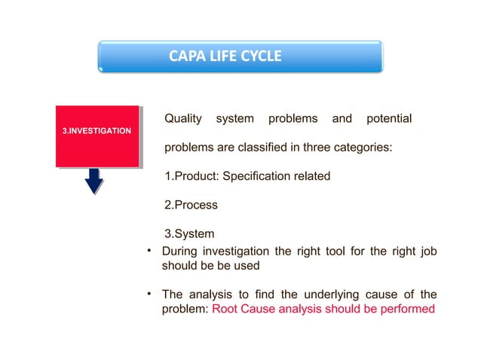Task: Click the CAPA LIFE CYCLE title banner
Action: pos(240,56)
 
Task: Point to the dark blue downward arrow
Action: pos(93,181)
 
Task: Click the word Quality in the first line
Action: pos(183,119)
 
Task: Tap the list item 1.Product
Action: pos(191,176)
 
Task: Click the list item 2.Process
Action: pos(191,205)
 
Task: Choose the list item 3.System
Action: pos(189,233)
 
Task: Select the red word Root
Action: pos(225,310)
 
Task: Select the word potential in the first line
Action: pos(388,119)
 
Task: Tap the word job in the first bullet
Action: pos(427,252)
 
